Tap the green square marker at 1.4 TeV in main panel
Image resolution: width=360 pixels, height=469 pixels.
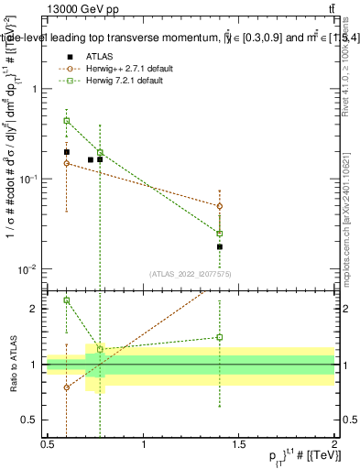click(x=220, y=234)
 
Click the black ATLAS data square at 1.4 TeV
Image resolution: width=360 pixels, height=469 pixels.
click(x=220, y=246)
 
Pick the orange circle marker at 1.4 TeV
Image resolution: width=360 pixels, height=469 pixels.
click(x=220, y=206)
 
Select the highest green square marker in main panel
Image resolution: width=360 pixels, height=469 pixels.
click(x=66, y=120)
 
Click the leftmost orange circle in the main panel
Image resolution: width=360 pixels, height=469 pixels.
click(x=66, y=163)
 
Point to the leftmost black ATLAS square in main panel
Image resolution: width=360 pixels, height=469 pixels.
click(x=66, y=152)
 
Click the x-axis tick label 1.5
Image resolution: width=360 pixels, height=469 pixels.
click(x=239, y=444)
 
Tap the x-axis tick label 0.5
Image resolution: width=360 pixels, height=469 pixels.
click(x=48, y=444)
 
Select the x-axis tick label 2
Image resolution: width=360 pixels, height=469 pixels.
click(x=334, y=444)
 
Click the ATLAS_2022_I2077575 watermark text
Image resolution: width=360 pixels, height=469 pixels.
click(x=191, y=273)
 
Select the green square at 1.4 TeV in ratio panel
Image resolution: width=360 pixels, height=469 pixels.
click(x=220, y=337)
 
